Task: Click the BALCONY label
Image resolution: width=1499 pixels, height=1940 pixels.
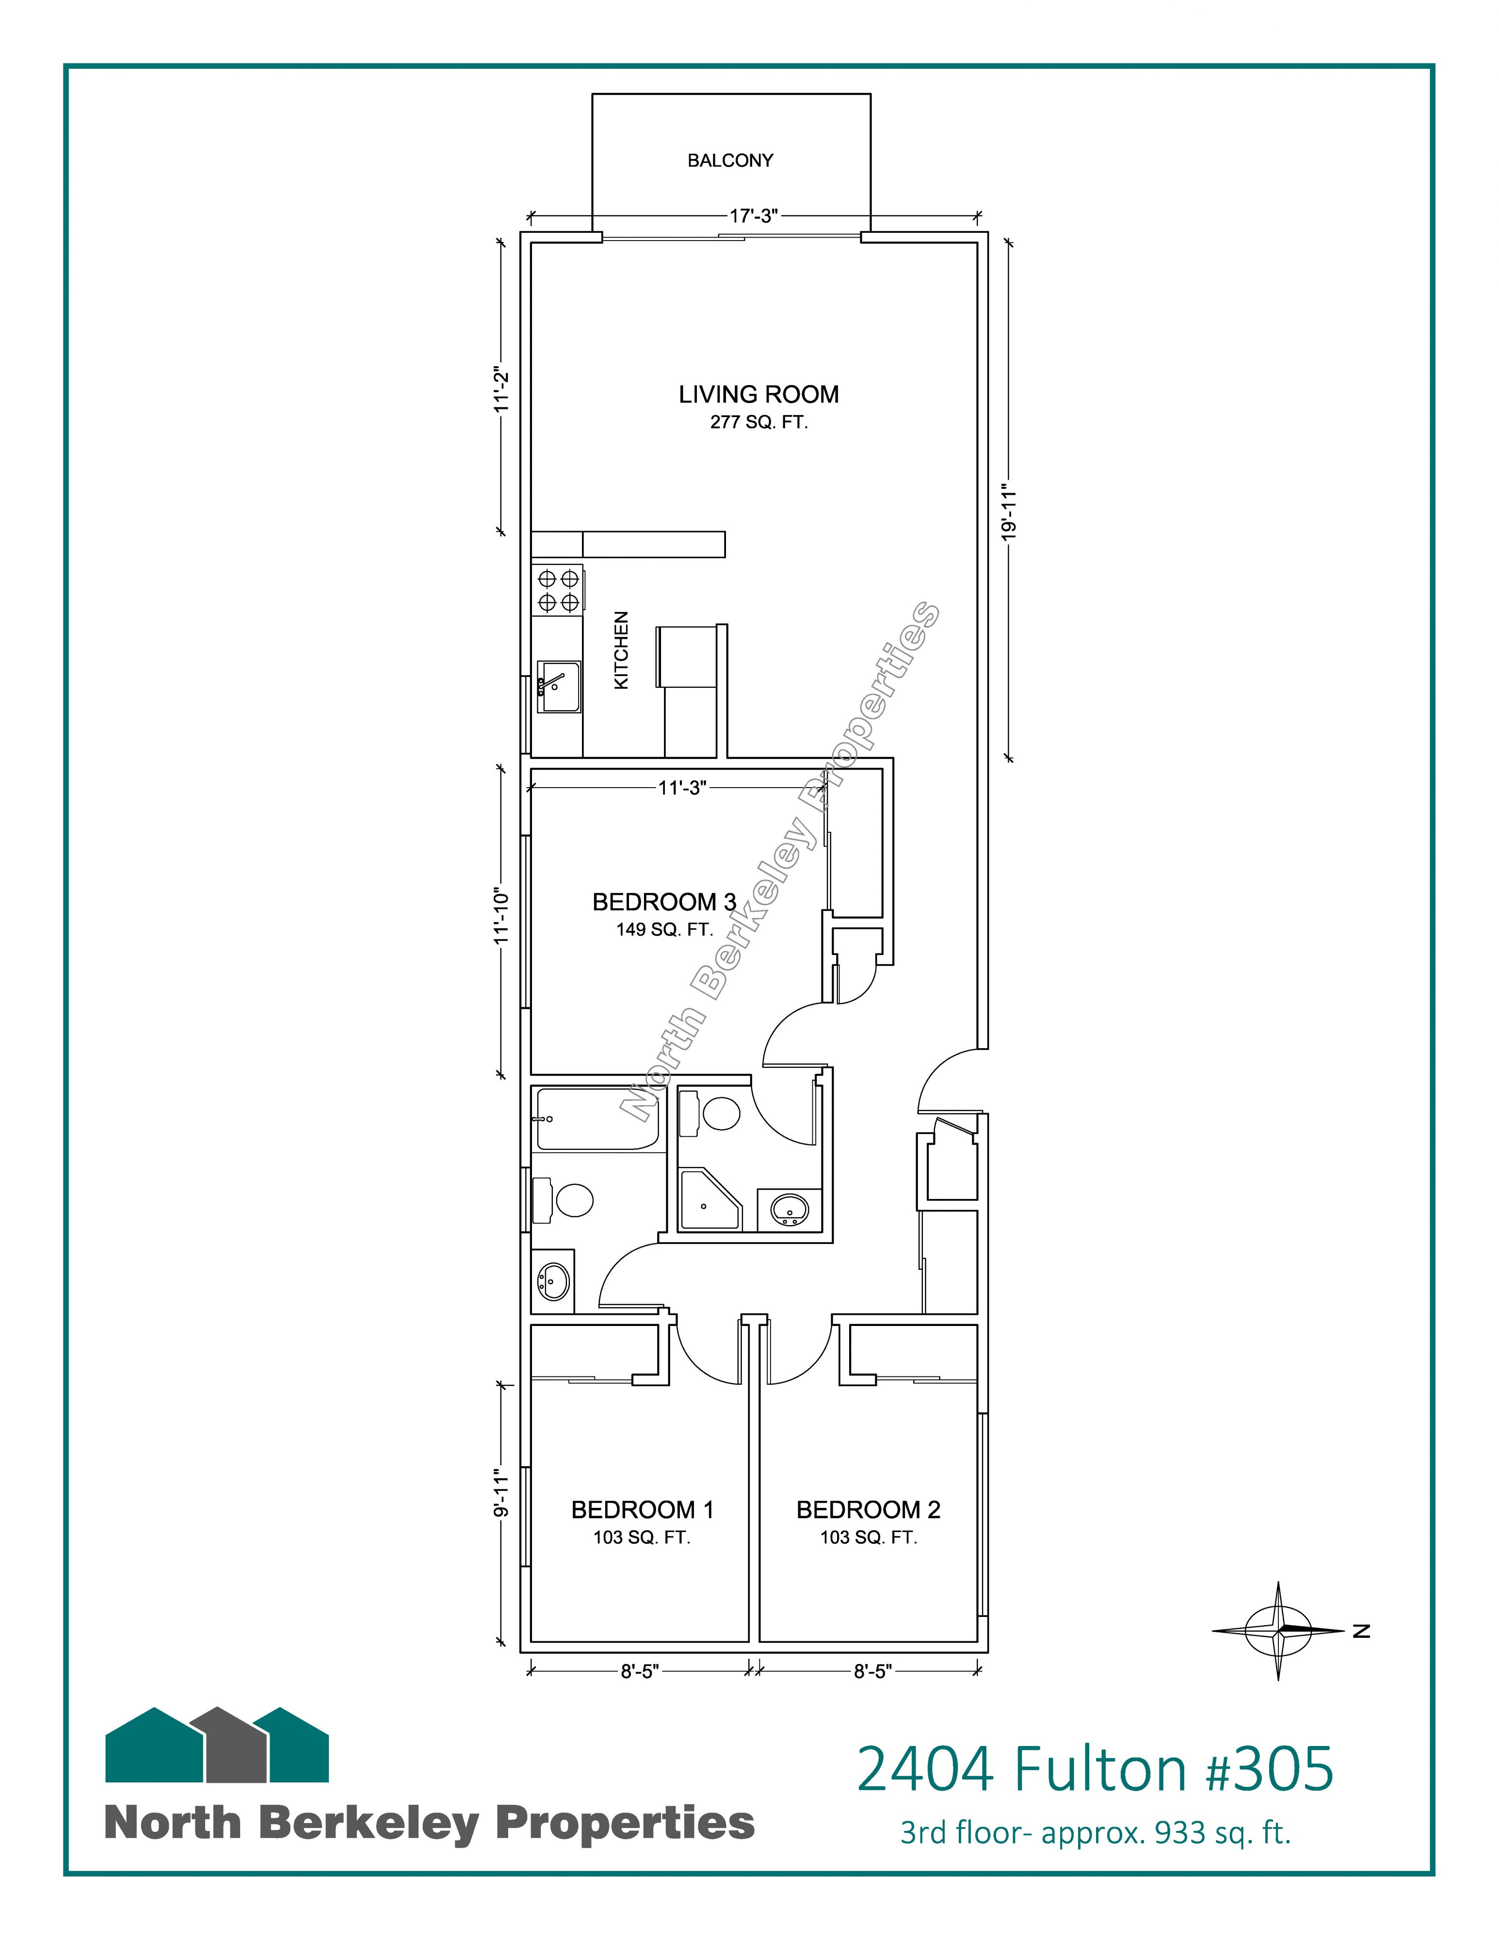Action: coord(730,161)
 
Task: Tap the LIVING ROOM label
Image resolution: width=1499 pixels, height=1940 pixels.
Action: coord(758,394)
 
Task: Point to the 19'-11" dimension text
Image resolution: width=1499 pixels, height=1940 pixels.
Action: coord(1007,512)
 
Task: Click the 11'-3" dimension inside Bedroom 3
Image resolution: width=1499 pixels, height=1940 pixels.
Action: coord(682,787)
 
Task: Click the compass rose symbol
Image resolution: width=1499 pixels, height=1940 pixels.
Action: coord(1279,1630)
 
